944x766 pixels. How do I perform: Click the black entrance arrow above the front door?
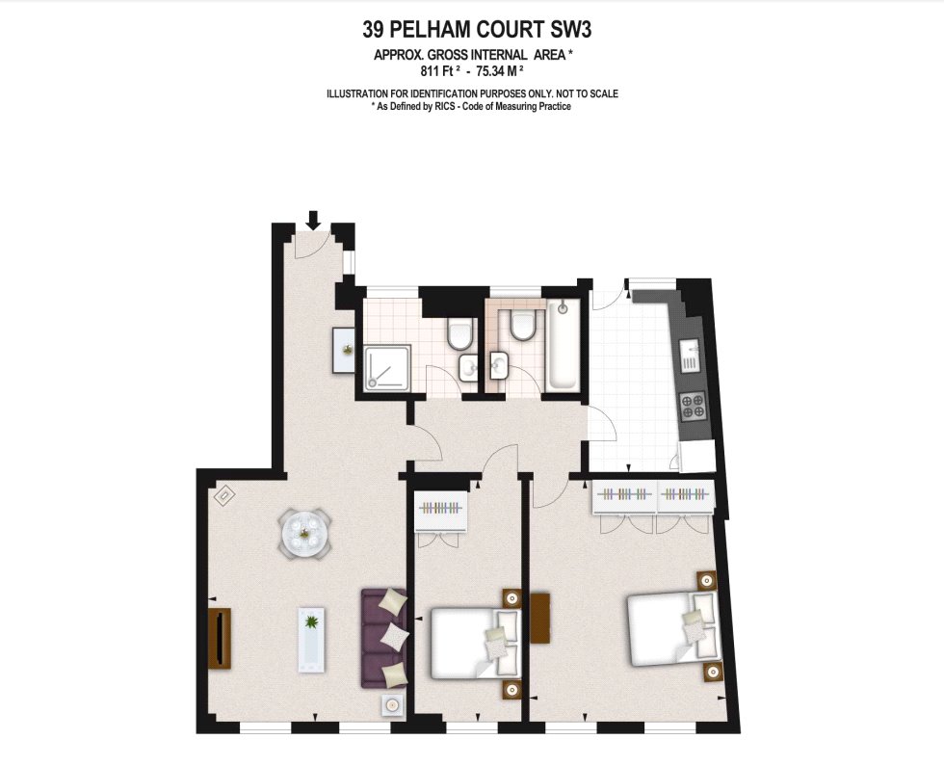tap(312, 220)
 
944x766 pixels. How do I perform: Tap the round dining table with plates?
tap(306, 532)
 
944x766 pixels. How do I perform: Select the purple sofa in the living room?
tap(383, 638)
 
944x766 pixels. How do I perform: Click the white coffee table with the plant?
tap(311, 640)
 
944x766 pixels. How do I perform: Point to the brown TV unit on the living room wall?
tap(220, 638)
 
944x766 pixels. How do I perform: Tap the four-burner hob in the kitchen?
tap(693, 406)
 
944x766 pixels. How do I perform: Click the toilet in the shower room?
tap(460, 333)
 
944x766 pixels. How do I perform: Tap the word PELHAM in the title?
tap(434, 29)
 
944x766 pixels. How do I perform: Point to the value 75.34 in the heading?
tap(489, 71)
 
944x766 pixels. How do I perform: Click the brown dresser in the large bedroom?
tap(540, 618)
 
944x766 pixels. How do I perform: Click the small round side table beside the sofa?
tap(392, 704)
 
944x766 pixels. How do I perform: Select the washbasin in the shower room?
tap(468, 368)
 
